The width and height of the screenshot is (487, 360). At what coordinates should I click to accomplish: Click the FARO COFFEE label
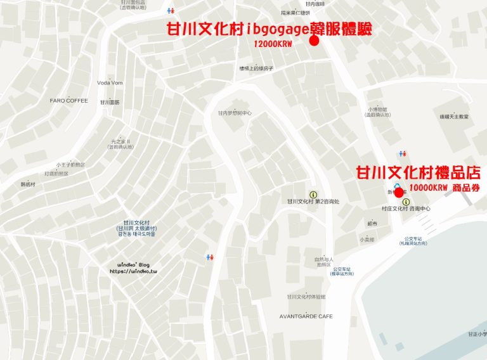click(x=68, y=100)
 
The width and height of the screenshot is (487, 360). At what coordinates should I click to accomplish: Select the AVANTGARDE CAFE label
click(x=306, y=316)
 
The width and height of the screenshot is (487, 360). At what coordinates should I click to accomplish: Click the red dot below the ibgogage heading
click(x=313, y=41)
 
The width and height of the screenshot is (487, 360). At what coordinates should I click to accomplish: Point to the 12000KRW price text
click(x=271, y=44)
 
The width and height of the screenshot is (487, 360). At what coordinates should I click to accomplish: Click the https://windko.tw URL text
click(x=133, y=271)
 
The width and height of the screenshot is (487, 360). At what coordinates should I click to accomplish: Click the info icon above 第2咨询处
click(x=312, y=194)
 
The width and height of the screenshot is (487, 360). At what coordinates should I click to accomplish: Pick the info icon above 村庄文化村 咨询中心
click(x=406, y=202)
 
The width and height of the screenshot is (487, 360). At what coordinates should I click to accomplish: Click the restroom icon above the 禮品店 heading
click(x=402, y=153)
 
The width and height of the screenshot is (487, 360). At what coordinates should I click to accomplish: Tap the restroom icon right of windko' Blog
click(x=209, y=257)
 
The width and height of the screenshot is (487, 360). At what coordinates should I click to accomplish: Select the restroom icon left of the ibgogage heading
click(x=169, y=11)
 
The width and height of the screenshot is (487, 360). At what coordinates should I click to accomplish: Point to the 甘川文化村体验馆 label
click(x=306, y=297)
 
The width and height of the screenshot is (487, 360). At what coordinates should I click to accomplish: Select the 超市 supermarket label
click(x=372, y=224)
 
